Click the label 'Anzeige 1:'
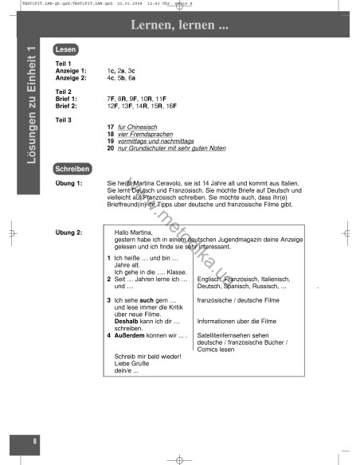pos(71,70)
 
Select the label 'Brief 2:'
pos(66,105)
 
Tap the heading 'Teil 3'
pos(63,119)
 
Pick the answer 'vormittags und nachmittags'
pos(155,141)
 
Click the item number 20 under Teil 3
pos(110,148)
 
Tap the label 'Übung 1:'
pos(68,183)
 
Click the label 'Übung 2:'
pos(68,232)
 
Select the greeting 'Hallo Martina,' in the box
pos(134,232)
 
